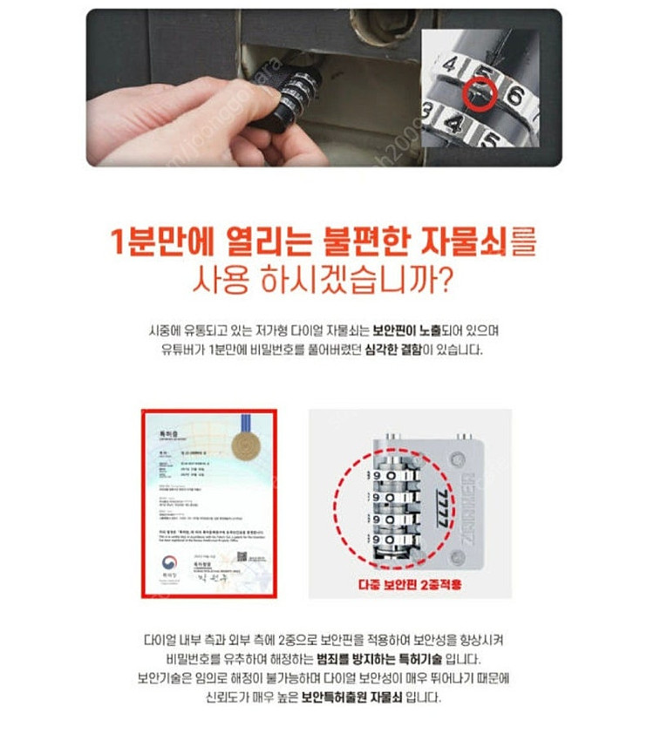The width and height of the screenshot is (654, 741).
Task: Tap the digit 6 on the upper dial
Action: click(x=514, y=94)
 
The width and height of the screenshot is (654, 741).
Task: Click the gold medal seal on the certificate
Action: click(x=246, y=446)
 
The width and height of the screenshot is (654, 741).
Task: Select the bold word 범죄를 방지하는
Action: click(x=371, y=658)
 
